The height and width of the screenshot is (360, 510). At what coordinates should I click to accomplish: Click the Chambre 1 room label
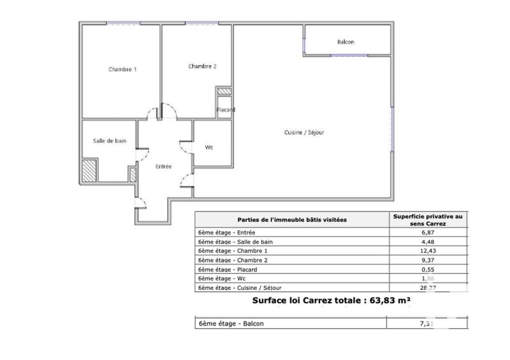(122, 69)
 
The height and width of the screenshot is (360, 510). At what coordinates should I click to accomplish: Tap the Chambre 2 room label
(203, 66)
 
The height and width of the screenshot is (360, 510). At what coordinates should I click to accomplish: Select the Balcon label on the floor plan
(346, 42)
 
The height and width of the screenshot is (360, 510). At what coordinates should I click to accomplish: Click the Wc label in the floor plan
(208, 147)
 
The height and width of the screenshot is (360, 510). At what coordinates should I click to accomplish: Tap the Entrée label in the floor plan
(164, 166)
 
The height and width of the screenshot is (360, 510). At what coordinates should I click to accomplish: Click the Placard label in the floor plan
(226, 110)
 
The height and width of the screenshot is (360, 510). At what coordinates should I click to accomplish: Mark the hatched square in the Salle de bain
(89, 170)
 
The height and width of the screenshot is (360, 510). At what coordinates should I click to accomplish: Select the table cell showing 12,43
(428, 250)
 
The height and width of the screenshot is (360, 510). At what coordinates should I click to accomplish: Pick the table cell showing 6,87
(428, 234)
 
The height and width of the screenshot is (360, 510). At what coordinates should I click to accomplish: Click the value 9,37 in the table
(428, 259)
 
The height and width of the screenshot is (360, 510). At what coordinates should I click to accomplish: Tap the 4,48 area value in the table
(428, 242)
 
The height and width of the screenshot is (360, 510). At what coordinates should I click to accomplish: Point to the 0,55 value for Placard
(428, 270)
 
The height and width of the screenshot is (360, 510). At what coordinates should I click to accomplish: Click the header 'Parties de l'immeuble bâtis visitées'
(292, 219)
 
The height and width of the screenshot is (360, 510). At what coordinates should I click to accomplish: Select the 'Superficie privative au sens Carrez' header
(428, 219)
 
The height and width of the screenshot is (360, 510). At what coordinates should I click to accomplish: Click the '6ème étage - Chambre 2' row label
(231, 259)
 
